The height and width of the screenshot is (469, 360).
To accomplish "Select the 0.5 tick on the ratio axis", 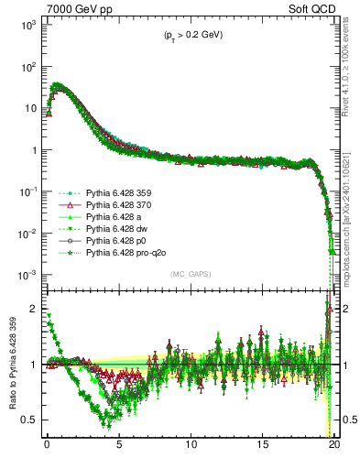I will (29, 420).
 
